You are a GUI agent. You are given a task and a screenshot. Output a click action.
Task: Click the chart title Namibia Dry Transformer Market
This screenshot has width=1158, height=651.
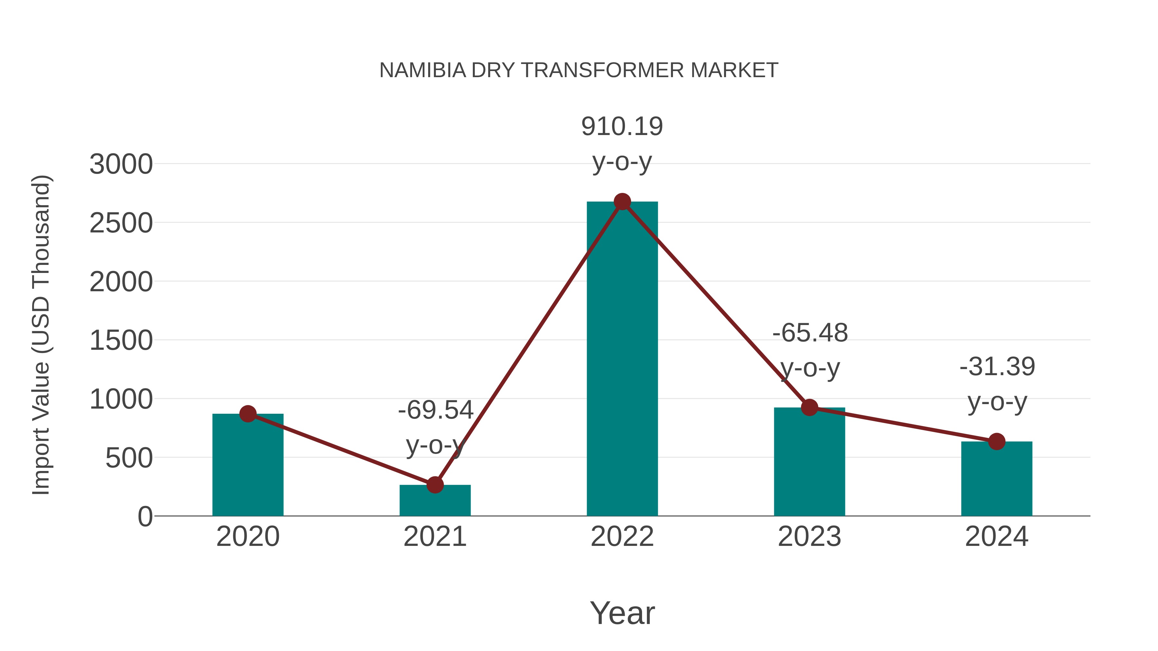(579, 70)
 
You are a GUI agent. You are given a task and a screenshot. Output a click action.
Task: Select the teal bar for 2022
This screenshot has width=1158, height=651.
(622, 359)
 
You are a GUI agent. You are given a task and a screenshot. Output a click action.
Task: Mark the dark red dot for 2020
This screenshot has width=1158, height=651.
(248, 414)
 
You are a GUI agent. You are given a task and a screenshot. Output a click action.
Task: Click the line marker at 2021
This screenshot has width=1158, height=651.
(435, 485)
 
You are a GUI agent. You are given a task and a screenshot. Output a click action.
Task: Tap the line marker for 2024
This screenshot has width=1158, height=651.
(997, 442)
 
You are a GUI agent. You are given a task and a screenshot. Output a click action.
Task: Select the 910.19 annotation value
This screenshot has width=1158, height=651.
(622, 126)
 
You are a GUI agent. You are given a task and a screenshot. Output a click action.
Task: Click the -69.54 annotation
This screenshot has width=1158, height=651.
(436, 410)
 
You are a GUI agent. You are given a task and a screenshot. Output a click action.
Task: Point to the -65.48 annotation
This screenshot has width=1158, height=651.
(810, 333)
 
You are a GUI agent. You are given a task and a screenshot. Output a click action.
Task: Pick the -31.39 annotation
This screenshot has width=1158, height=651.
(997, 366)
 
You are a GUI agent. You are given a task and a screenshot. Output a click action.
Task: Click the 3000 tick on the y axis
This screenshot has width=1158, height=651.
(121, 164)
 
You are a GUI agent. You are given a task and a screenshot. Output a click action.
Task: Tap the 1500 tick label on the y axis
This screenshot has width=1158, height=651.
(121, 340)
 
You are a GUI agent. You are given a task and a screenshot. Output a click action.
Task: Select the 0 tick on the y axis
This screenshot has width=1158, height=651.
(145, 517)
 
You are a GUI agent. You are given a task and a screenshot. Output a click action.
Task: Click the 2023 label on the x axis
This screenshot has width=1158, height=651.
(809, 537)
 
